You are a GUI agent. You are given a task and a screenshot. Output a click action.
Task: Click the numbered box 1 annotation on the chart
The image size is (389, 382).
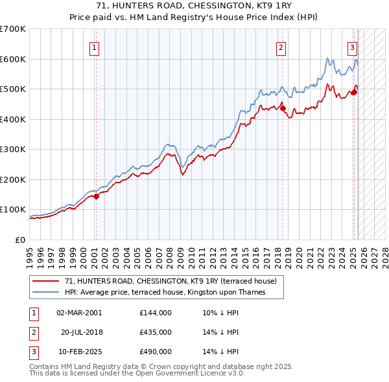[x=95, y=47]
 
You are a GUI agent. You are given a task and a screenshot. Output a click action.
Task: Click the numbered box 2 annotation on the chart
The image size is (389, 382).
[x=281, y=47]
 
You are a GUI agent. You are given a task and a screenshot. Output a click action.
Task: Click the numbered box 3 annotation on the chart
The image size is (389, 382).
[x=352, y=47]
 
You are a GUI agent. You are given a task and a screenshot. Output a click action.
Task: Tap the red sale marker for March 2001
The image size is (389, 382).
[x=95, y=196]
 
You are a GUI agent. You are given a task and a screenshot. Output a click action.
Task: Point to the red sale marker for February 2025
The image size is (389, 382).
[x=354, y=92]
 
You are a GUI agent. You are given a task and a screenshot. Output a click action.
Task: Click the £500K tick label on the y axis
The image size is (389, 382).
[x=13, y=89]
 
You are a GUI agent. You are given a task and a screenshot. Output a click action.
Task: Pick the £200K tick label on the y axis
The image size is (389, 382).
[x=13, y=179]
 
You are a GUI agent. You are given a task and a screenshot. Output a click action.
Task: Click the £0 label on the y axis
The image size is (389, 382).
[x=19, y=240]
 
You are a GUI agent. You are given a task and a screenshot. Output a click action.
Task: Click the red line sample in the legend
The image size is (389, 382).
[x=46, y=281]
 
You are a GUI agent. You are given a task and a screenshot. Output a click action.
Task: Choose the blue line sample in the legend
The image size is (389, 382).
[x=46, y=292]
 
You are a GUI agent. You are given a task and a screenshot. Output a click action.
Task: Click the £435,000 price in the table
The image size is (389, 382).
[x=156, y=332]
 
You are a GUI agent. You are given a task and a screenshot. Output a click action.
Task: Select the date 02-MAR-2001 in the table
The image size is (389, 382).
[x=79, y=313]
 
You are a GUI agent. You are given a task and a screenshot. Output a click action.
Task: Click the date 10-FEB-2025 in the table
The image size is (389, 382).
[x=79, y=352]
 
